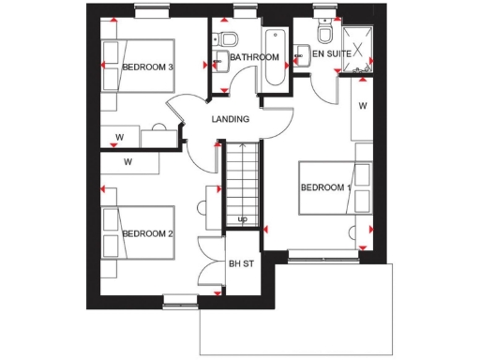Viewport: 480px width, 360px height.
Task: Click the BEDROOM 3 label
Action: pyautogui.click(x=148, y=67)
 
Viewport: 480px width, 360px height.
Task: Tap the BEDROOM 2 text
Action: pyautogui.click(x=147, y=233)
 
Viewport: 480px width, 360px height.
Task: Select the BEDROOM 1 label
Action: pyautogui.click(x=325, y=187)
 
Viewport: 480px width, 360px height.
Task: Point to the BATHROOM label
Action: pyautogui.click(x=254, y=58)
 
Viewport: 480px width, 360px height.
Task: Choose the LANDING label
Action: pyautogui.click(x=231, y=119)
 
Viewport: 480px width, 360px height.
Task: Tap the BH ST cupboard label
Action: pyautogui.click(x=241, y=264)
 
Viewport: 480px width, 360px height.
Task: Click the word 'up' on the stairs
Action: pyautogui.click(x=242, y=219)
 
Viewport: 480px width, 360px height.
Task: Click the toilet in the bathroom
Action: pyautogui.click(x=227, y=39)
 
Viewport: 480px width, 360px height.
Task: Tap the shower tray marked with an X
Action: pyautogui.click(x=359, y=44)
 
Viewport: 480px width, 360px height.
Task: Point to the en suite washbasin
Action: pyautogui.click(x=301, y=55)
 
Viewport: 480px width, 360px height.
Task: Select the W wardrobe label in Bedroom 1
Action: pyautogui.click(x=363, y=106)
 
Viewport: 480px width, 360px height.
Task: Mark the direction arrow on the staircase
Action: pyautogui.click(x=242, y=187)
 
